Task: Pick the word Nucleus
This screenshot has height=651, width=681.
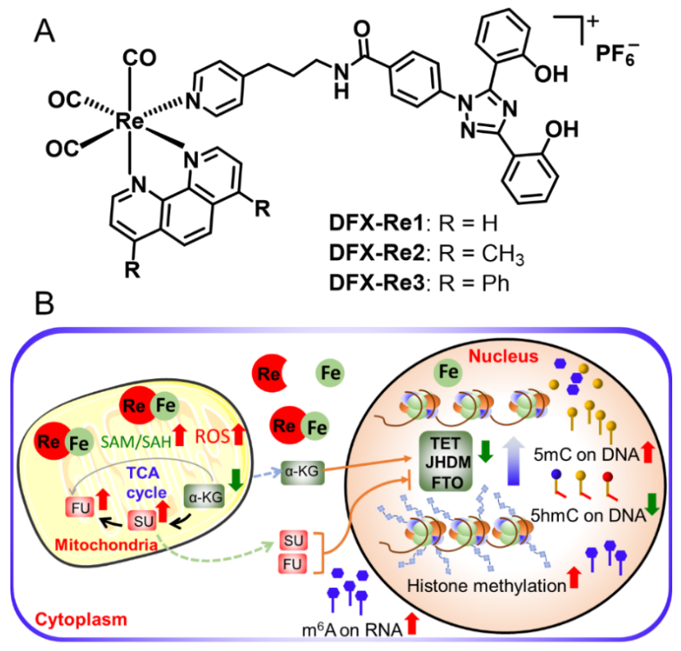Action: coord(502,354)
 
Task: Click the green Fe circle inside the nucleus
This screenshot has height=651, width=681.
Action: coord(451,373)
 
